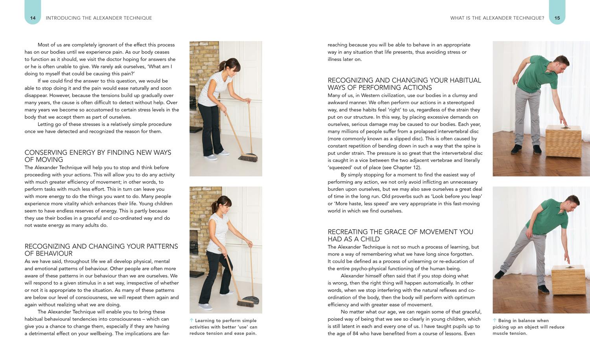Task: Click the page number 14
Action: point(33,18)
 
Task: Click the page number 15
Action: point(557,18)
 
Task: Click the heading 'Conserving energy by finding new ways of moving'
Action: point(98,156)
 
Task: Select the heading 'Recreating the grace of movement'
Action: point(400,235)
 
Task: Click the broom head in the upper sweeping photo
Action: point(248,158)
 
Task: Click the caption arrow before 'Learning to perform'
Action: point(192,321)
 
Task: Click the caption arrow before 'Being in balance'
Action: point(495,321)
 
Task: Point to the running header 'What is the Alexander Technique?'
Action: point(497,18)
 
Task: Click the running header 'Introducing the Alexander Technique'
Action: point(99,18)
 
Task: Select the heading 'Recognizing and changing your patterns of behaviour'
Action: point(101,250)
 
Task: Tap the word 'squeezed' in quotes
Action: point(340,167)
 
